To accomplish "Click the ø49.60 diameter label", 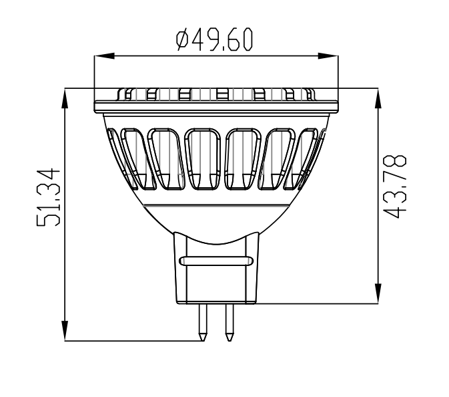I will click(x=215, y=41).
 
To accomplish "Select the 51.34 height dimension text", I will click(x=50, y=198).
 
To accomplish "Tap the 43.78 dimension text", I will click(x=396, y=186).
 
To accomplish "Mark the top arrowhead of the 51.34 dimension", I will click(x=65, y=98).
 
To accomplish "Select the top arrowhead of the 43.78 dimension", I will click(x=378, y=98).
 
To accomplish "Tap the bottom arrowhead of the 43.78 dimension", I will click(x=378, y=294).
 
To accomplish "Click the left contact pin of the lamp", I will click(x=202, y=321).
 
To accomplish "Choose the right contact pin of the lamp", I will click(x=229, y=321).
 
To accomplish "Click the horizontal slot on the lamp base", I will click(x=215, y=259).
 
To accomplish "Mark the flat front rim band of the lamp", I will click(x=215, y=106).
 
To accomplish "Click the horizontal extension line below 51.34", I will click(x=133, y=342).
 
